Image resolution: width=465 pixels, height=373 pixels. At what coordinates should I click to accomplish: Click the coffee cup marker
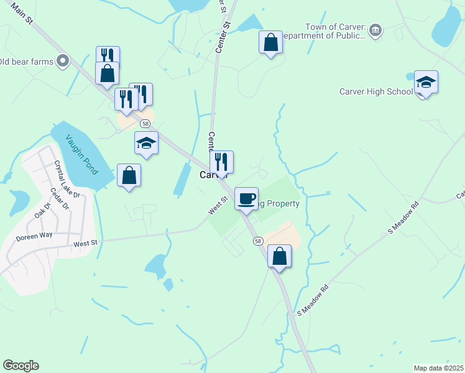[246, 199]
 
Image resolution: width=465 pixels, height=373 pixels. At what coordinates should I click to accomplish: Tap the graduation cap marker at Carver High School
[426, 82]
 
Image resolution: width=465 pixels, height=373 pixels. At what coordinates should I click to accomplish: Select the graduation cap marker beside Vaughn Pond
[146, 144]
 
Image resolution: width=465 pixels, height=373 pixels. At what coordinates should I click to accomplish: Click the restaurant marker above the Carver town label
[221, 162]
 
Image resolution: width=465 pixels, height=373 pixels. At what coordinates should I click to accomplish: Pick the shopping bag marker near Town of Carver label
[270, 43]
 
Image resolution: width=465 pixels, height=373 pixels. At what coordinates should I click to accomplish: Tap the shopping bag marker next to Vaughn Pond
[129, 175]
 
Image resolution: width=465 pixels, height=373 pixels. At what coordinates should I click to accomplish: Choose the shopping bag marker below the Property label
[279, 256]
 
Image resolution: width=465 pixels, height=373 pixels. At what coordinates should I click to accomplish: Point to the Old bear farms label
[29, 61]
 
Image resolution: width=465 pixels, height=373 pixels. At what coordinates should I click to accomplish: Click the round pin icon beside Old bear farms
[63, 61]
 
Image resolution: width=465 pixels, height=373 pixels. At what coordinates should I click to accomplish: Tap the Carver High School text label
[375, 92]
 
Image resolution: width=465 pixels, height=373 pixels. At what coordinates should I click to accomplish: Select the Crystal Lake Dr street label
[67, 179]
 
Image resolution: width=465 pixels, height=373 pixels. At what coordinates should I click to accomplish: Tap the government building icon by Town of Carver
[375, 30]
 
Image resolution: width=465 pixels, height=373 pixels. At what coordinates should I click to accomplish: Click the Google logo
[21, 366]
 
